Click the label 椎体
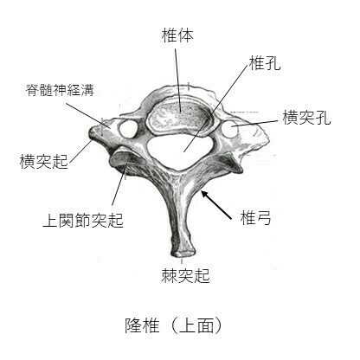177,35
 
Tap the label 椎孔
265,62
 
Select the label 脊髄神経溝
60,90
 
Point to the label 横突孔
306,118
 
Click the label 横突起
44,161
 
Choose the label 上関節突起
83,220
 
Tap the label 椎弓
255,218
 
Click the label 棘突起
185,275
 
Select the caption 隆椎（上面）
174,325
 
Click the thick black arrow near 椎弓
216,205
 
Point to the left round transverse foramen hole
128,129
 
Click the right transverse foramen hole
229,129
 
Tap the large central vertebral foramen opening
179,151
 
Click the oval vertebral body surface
181,116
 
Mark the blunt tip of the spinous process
183,253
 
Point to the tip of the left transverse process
93,133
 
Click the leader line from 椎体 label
177,80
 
